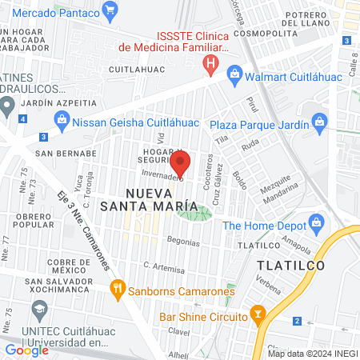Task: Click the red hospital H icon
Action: pos(210,63)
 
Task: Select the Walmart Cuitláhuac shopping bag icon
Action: pos(235,77)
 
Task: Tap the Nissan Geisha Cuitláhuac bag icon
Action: pos(62,120)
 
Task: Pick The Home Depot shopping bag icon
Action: pos(316,223)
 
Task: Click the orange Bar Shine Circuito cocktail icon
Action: pos(258,313)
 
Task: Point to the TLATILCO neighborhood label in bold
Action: pos(290,264)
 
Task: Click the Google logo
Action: pos(26,350)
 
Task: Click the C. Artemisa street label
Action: pos(159,265)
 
